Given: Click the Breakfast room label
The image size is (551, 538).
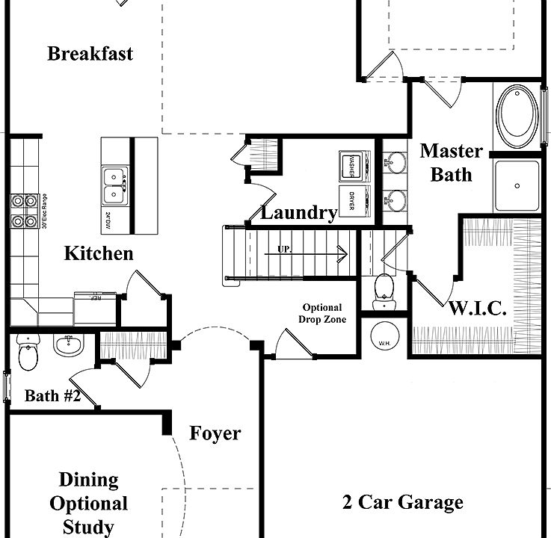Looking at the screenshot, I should (90, 54).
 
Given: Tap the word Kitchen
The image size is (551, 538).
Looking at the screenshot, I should (99, 253).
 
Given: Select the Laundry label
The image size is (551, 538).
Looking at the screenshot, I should (298, 213).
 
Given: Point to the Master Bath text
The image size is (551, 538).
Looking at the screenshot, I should (451, 162).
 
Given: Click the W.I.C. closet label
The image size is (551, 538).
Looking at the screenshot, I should (478, 307).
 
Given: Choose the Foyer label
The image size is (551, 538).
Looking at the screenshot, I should (215, 433).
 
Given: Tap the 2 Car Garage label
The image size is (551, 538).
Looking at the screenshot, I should (403, 502).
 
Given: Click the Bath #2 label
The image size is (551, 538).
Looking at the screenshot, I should (52, 396).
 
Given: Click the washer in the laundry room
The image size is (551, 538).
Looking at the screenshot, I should (354, 165).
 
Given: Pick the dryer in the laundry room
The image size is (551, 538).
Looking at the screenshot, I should (354, 201).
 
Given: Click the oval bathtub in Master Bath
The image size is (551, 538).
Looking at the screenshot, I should (517, 117).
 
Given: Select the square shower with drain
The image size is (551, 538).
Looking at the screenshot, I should (516, 185).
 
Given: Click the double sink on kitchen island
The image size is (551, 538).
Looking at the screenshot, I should (114, 185).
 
